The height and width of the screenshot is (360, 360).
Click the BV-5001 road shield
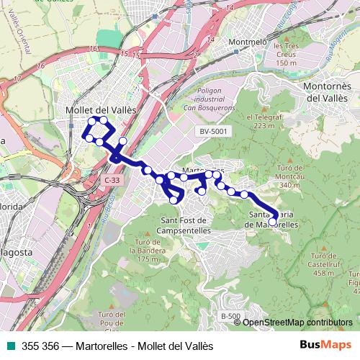pyautogui.click(x=213, y=131)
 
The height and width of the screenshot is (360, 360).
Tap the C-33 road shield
pyautogui.click(x=111, y=180)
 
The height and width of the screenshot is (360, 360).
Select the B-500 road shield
pyautogui.click(x=229, y=317)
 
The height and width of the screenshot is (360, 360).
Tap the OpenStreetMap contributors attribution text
pyautogui.click(x=297, y=323)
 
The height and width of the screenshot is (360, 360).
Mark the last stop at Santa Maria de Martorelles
pyautogui.click(x=273, y=221)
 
